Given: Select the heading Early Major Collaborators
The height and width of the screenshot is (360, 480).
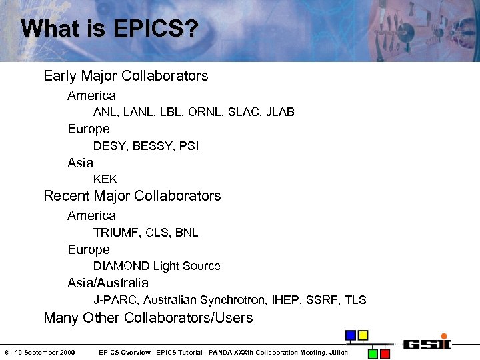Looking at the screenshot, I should pos(125,76).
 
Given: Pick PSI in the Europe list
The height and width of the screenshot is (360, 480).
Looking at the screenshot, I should pos(189,146).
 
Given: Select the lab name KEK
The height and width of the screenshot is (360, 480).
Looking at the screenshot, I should pos(105,179).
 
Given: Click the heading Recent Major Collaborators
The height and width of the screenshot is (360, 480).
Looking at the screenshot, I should pos(132,196).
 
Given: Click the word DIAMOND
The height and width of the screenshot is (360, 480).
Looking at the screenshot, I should pos(121,266).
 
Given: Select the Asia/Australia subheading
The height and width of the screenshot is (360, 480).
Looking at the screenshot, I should pos(108,283).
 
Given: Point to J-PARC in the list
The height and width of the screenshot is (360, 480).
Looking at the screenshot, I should pos(115,300).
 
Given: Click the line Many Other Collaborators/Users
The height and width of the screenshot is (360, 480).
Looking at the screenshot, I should pos(148,318).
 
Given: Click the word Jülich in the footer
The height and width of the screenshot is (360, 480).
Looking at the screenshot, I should pos(337,352).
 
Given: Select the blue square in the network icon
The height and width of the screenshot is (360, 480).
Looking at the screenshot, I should pos(350,335).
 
